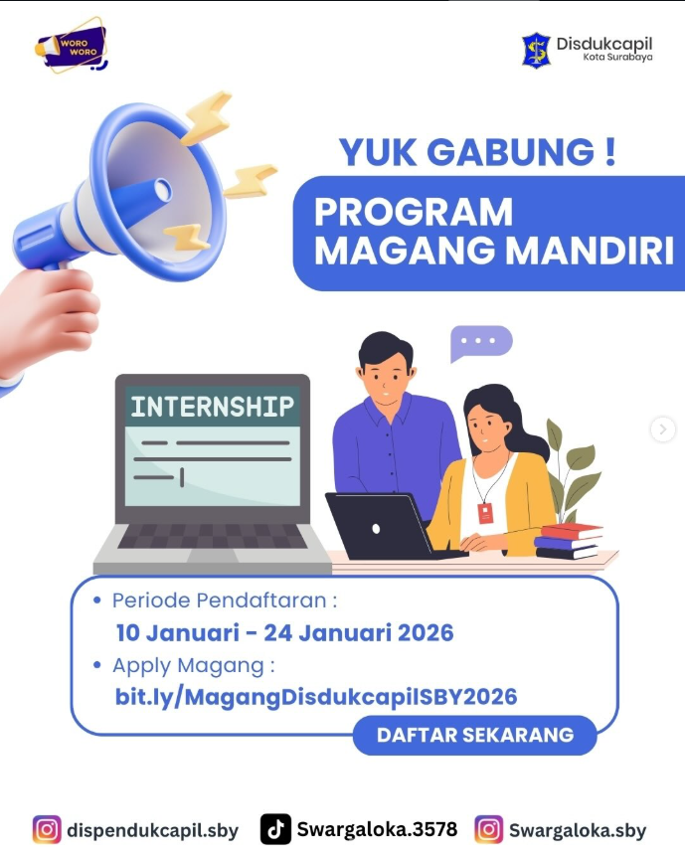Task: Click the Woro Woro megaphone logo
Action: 71,46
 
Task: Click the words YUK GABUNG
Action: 466,152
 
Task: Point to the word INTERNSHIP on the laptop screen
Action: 213,407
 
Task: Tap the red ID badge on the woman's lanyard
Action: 485,513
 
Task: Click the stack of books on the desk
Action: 569,541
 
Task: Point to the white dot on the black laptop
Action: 376,529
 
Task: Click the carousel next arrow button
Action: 662,429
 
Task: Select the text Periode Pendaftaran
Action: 220,600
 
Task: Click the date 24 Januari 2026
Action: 359,632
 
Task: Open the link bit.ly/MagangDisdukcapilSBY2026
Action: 316,697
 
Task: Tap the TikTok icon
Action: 275,830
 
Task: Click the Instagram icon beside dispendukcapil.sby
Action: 47,830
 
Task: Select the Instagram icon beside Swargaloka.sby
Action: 488,830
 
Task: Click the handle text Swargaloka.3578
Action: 377,829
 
